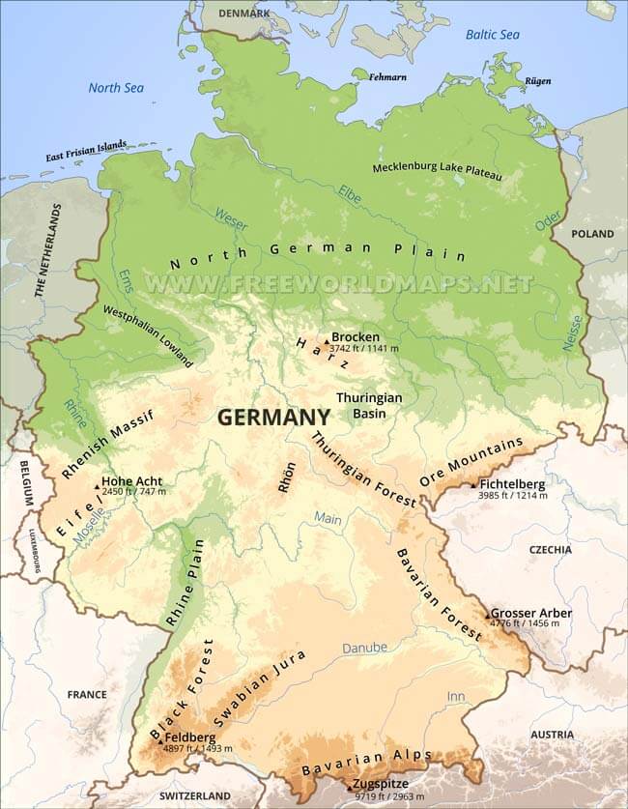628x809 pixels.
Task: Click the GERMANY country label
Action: [273, 417]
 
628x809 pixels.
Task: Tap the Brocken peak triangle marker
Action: [328, 340]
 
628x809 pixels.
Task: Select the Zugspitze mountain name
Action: [381, 784]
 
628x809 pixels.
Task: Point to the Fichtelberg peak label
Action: [512, 483]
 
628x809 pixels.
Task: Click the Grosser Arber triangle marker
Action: [488, 616]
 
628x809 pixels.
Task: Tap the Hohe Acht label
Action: [133, 479]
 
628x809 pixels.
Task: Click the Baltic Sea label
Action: [492, 35]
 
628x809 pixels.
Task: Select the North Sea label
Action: [116, 88]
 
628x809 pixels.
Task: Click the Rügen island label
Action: [538, 81]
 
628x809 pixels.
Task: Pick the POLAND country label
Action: [592, 234]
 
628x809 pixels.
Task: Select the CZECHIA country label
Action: [550, 549]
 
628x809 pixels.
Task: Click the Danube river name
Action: [363, 648]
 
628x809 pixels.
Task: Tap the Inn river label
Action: [455, 696]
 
